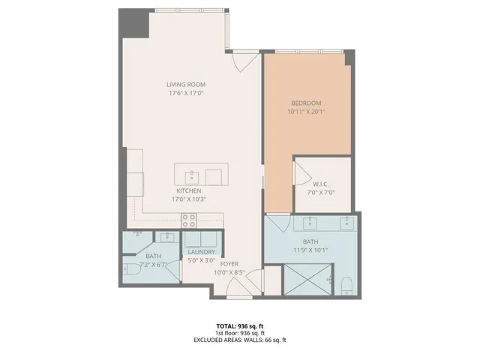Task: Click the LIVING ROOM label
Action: (186, 85)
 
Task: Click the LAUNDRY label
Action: (202, 253)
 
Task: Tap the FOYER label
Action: (229, 264)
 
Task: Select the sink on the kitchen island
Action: (192, 176)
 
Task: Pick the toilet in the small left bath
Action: (130, 268)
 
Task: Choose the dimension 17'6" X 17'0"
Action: (186, 94)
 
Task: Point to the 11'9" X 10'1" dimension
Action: (310, 250)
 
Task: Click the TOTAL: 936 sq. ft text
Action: (239, 326)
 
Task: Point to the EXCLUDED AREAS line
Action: (239, 340)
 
